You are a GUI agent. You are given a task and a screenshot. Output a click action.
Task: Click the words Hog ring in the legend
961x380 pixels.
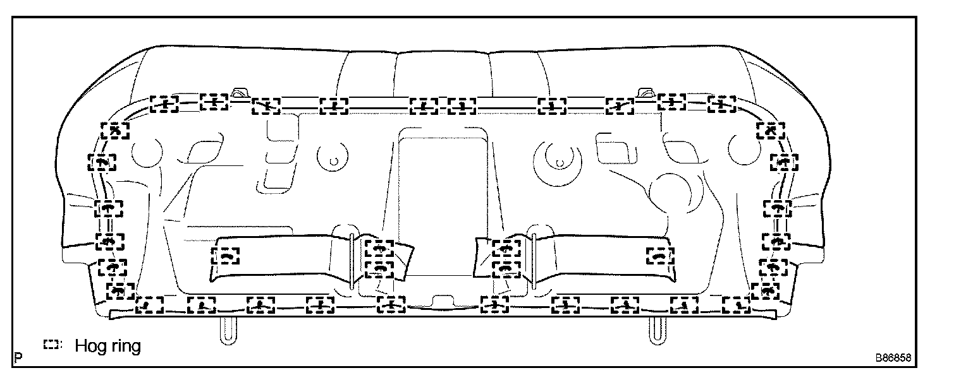[x=107, y=347]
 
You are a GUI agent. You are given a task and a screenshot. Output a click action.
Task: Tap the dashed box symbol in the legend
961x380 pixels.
[x=51, y=345]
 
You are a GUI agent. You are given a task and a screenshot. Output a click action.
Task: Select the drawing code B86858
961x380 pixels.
[x=893, y=358]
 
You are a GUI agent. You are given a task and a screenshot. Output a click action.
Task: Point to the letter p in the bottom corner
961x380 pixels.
[x=19, y=357]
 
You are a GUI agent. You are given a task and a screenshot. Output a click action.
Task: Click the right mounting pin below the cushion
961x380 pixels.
[x=656, y=330]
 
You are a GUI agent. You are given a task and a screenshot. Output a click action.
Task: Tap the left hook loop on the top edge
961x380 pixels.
[x=239, y=93]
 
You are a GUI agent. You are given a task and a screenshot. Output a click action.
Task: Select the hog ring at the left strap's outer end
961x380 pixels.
[x=226, y=256]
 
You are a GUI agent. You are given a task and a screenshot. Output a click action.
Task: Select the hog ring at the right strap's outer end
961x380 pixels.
[x=660, y=256]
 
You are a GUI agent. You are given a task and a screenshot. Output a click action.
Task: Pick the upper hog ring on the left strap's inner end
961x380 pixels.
[x=379, y=249]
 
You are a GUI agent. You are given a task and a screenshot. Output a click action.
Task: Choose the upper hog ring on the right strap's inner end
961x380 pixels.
[x=506, y=249]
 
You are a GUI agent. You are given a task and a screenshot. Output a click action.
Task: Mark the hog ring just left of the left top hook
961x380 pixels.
[x=214, y=102]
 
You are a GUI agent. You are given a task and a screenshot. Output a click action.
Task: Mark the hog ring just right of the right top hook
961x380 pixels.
[x=671, y=102]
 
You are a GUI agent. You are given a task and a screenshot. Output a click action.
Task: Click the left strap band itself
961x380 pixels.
[x=285, y=259]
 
